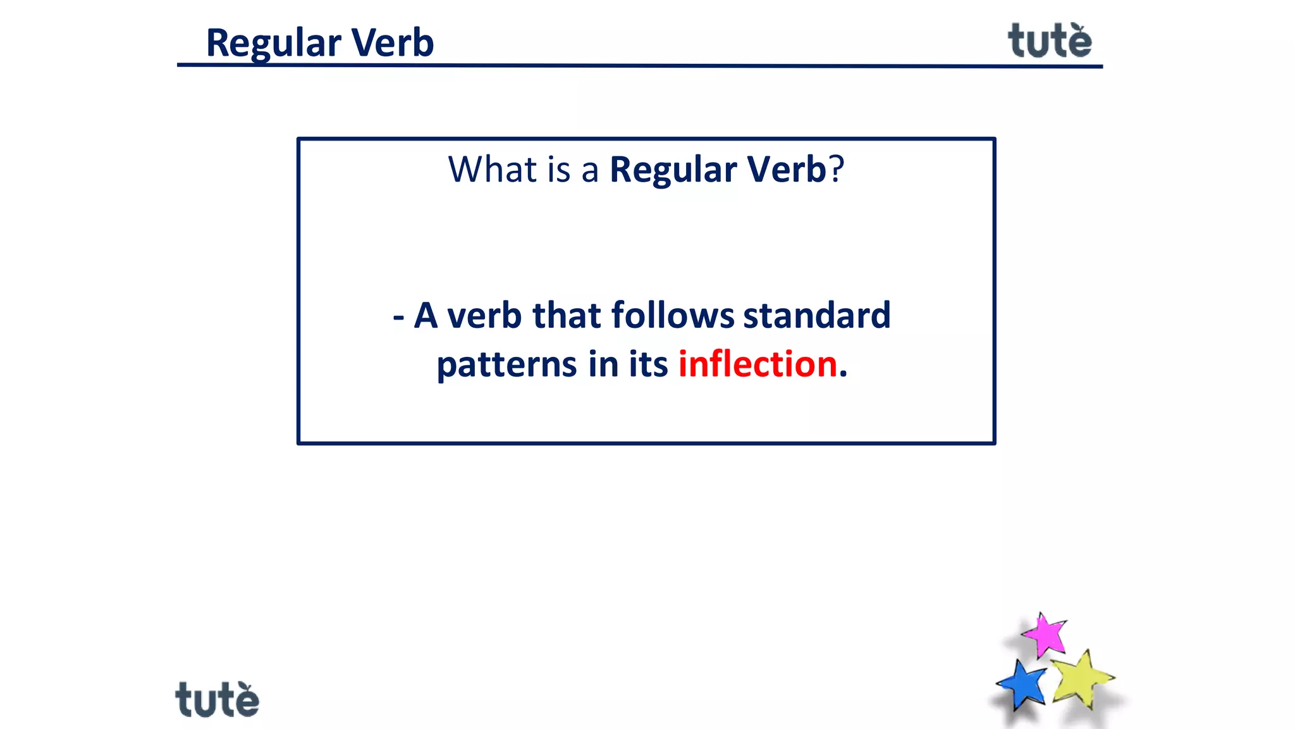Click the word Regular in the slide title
[x=273, y=43]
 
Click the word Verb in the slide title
[x=392, y=43]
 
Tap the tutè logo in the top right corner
[x=1050, y=42]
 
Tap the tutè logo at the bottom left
[x=217, y=700]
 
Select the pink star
[x=1045, y=635]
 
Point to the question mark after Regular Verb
[x=837, y=170]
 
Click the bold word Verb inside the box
[x=786, y=170]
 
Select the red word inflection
[x=758, y=364]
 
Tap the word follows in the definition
[x=673, y=315]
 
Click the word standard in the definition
[x=816, y=315]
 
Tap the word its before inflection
[x=648, y=364]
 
